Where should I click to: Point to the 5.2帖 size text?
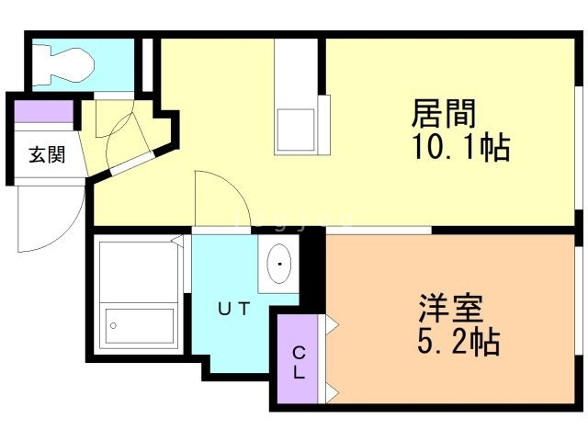457,342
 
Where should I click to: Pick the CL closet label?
298,363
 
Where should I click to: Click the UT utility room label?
232,310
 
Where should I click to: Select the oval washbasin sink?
277,266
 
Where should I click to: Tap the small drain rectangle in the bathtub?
113,324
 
